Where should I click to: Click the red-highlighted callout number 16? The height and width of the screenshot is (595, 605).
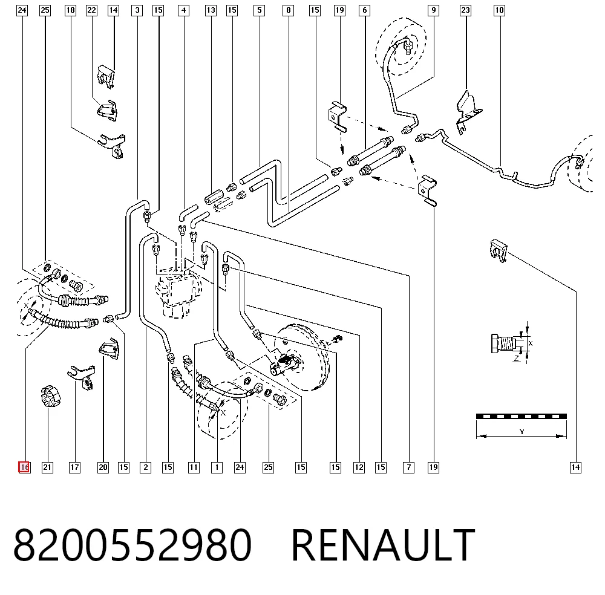24,467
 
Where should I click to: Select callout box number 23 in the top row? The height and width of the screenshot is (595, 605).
465,10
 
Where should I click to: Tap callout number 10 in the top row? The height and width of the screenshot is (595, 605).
499,10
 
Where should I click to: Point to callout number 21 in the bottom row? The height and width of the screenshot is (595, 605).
47,467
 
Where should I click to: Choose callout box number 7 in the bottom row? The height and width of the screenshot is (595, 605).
408,467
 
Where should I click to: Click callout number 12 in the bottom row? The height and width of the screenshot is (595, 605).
359,467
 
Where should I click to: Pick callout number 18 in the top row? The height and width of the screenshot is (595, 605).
70,10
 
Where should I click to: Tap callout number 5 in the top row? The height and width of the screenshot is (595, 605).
260,10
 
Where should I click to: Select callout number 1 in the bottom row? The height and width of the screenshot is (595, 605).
217,467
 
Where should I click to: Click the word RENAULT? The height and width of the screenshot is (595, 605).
383,545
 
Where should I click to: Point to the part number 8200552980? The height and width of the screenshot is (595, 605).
132,545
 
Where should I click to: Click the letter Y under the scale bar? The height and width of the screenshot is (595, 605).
522,432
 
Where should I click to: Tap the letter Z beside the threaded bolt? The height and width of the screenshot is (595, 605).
517,358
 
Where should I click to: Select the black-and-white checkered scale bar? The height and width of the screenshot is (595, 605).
522,416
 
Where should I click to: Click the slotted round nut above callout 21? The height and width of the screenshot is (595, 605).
50,395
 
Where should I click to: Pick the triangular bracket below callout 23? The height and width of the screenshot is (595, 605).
468,112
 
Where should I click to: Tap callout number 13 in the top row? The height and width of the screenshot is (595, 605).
211,10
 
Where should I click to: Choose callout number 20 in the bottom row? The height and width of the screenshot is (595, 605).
103,467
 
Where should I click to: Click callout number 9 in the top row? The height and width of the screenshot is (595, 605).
434,10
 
